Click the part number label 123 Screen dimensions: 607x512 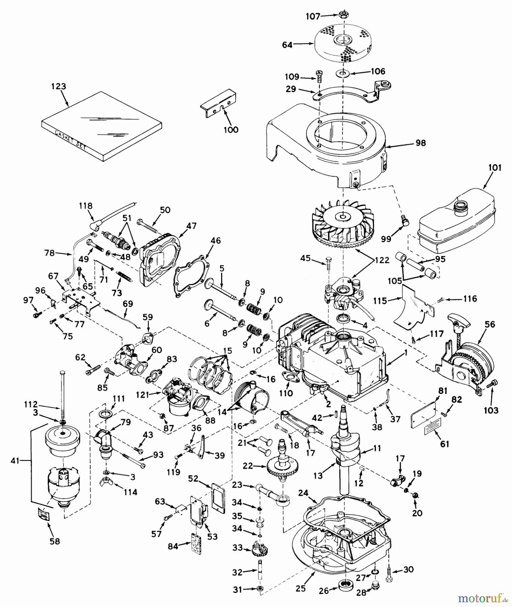coord(59,86)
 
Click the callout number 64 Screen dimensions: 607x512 coord(287,45)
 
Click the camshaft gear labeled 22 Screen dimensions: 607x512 coord(281,467)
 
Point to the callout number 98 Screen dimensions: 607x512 coord(420,143)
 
